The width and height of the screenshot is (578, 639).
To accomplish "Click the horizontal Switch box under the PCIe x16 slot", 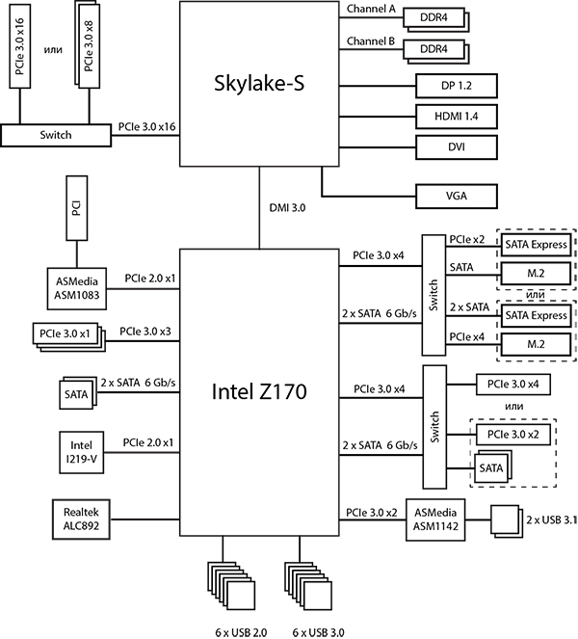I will click(x=56, y=135).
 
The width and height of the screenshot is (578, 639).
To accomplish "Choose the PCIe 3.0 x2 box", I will click(x=512, y=435).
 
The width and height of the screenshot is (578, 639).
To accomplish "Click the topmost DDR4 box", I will click(x=439, y=17).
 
